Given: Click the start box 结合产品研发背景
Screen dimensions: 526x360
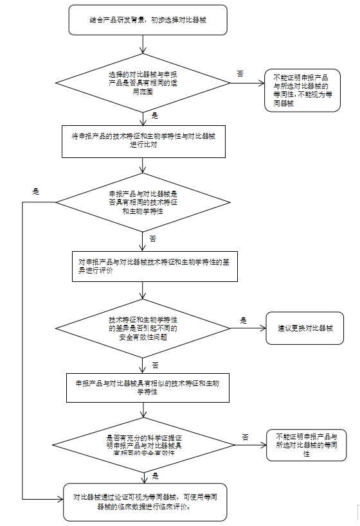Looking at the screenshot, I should [x=142, y=21].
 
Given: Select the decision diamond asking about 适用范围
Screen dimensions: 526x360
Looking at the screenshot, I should [x=142, y=83].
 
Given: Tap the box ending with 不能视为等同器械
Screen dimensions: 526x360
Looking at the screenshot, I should [x=302, y=90].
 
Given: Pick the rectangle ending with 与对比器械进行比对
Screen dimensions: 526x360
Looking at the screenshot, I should [x=143, y=141].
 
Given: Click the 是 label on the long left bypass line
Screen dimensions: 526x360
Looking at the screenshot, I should [x=36, y=191].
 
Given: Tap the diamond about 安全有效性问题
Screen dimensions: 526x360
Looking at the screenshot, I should [x=142, y=328].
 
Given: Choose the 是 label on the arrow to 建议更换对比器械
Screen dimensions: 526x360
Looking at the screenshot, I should [x=244, y=320].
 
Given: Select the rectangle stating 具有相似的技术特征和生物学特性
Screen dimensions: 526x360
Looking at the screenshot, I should [x=147, y=388].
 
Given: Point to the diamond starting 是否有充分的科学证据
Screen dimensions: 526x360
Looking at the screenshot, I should [x=142, y=444].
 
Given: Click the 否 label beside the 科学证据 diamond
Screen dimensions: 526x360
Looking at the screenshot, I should [x=245, y=437].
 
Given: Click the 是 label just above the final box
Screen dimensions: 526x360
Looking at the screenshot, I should [x=155, y=477].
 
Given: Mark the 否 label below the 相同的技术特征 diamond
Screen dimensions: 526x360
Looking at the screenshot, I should [x=153, y=238].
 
